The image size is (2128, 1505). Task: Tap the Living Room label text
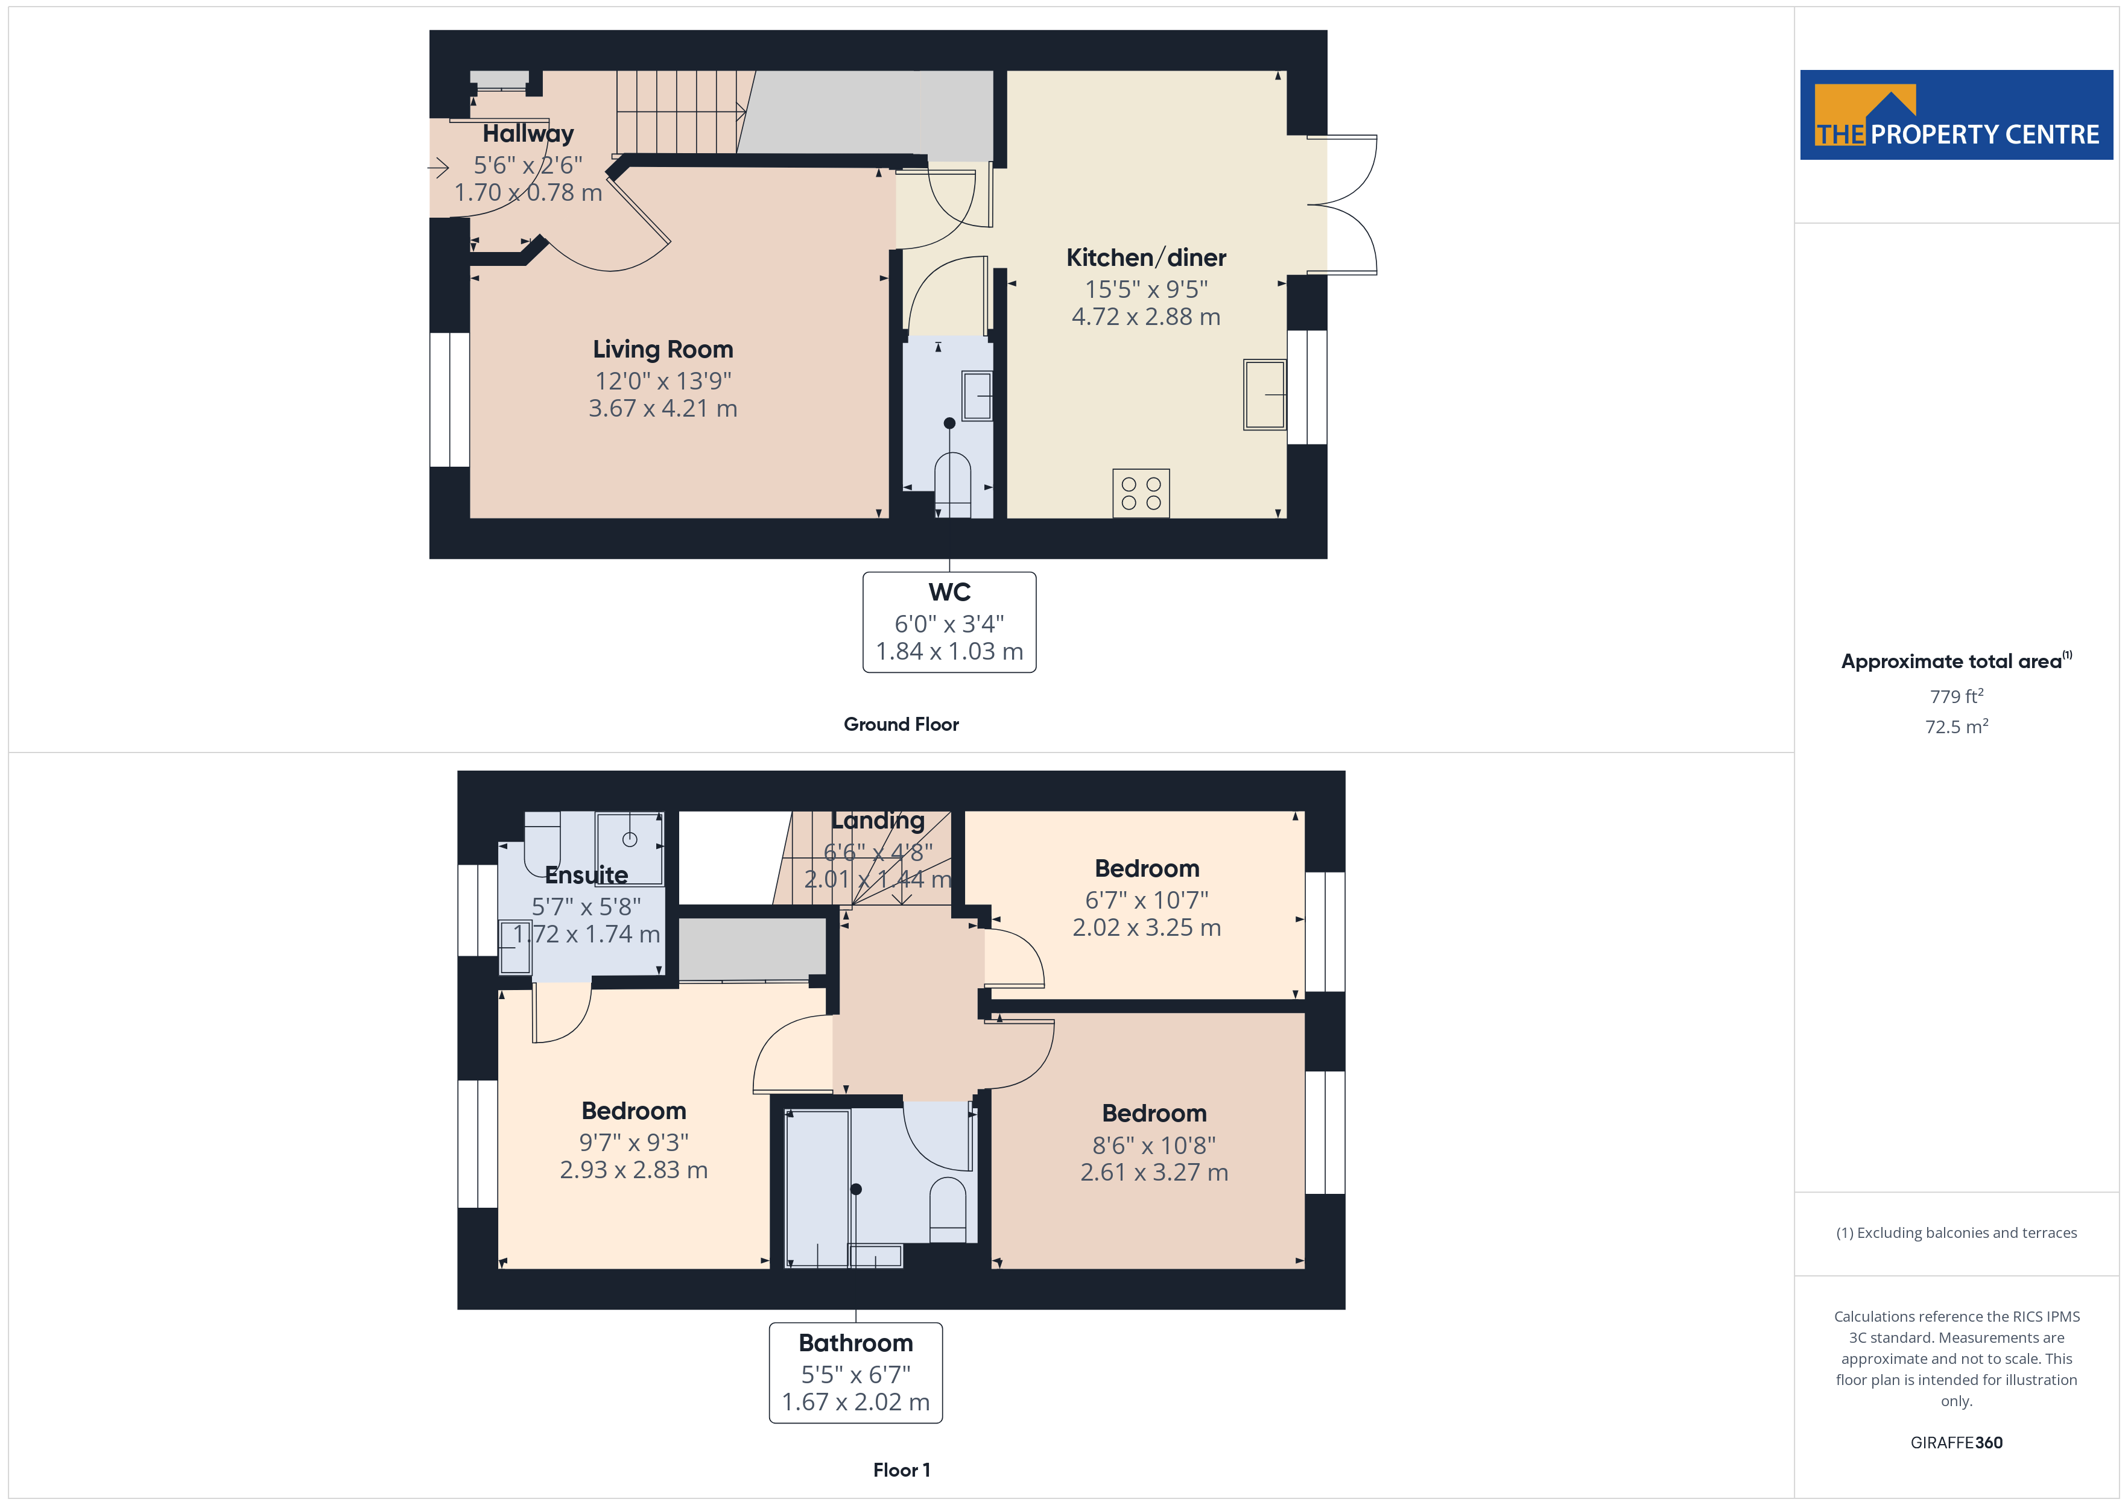(663, 349)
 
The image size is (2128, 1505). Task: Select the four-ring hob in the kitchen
(1141, 493)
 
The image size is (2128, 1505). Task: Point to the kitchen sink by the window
(1264, 395)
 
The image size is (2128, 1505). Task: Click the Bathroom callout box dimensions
(855, 1387)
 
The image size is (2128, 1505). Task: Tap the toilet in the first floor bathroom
(947, 1210)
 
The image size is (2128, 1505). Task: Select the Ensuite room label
(586, 875)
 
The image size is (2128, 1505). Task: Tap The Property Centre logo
(1955, 115)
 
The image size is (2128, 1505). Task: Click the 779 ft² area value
(1957, 696)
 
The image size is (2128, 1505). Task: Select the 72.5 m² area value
(1957, 727)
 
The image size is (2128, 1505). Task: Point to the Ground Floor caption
(901, 725)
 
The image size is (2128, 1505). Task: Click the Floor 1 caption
(901, 1470)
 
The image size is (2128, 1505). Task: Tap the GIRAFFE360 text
(1957, 1443)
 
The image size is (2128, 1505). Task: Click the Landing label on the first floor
(878, 821)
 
